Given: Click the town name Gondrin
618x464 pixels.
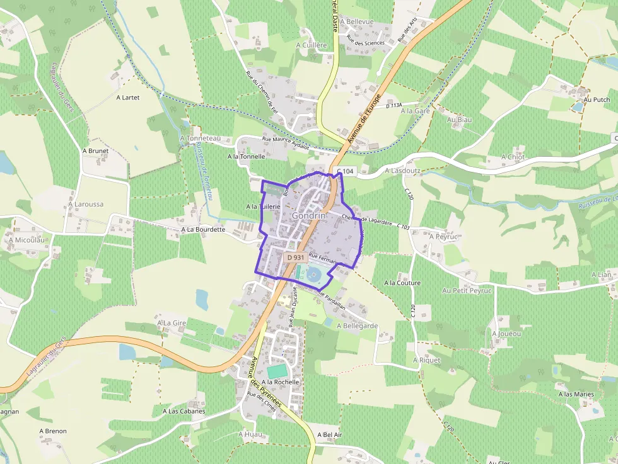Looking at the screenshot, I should pyautogui.click(x=309, y=215).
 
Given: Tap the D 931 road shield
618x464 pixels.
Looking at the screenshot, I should pyautogui.click(x=295, y=257).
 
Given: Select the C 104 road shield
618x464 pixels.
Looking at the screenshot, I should pyautogui.click(x=346, y=171).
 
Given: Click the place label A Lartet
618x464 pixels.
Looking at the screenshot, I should pyautogui.click(x=127, y=98).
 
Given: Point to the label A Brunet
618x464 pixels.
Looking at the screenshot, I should pyautogui.click(x=95, y=151).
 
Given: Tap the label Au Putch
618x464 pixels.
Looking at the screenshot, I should pyautogui.click(x=597, y=99).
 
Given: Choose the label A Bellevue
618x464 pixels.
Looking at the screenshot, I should pyautogui.click(x=357, y=21).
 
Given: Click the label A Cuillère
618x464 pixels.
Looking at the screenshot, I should pyautogui.click(x=312, y=45).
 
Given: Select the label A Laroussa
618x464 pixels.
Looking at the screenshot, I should pyautogui.click(x=85, y=205).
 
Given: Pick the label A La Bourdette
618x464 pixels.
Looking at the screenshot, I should pyautogui.click(x=203, y=230).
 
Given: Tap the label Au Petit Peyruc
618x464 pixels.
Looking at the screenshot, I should pyautogui.click(x=467, y=291).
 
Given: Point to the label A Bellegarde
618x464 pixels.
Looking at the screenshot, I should pyautogui.click(x=357, y=326).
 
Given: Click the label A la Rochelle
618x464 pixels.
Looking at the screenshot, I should pyautogui.click(x=280, y=382).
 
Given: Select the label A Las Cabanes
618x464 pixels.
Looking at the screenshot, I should pyautogui.click(x=184, y=411).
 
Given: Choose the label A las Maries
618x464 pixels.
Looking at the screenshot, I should pyautogui.click(x=576, y=395).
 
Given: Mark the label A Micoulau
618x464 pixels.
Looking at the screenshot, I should pyautogui.click(x=26, y=240).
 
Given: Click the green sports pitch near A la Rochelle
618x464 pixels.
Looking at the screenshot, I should pyautogui.click(x=276, y=371).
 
